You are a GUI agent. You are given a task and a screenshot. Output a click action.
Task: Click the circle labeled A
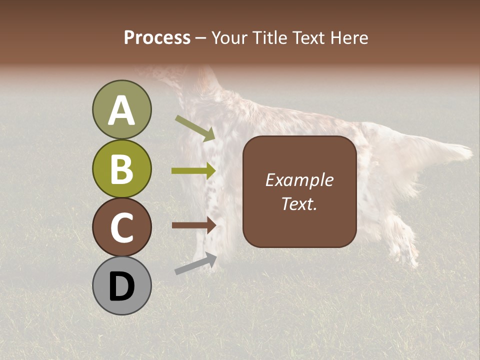coord(121,110)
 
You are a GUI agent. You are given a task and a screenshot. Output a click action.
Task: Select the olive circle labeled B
coord(121,168)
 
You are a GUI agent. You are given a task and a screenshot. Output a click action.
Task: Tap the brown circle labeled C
coord(121,227)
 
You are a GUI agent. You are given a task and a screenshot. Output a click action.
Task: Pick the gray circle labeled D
coord(121,285)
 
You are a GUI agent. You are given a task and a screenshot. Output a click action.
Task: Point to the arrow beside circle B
coord(193,171)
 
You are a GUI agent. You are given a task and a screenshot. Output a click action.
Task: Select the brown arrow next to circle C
coord(193,225)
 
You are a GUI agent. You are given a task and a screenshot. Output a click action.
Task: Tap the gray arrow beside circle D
coord(195,263)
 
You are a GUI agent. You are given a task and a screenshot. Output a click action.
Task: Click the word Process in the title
coord(157,37)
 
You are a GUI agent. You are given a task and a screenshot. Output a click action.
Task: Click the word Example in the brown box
coord(299,180)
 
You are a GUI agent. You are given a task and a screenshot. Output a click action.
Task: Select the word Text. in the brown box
coord(299,204)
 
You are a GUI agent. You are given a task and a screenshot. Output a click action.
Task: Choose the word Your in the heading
coord(229,37)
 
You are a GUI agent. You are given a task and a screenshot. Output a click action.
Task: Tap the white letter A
coord(121,111)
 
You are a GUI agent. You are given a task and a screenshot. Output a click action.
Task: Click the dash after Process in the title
coord(200,38)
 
